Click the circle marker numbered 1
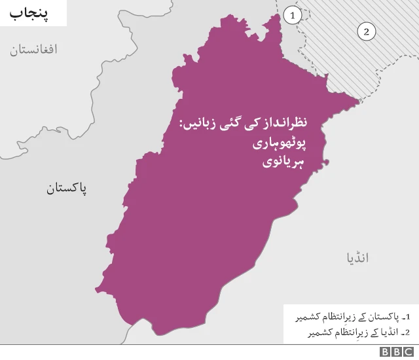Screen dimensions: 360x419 click(294, 14)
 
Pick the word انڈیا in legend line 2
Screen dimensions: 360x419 click(385, 333)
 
